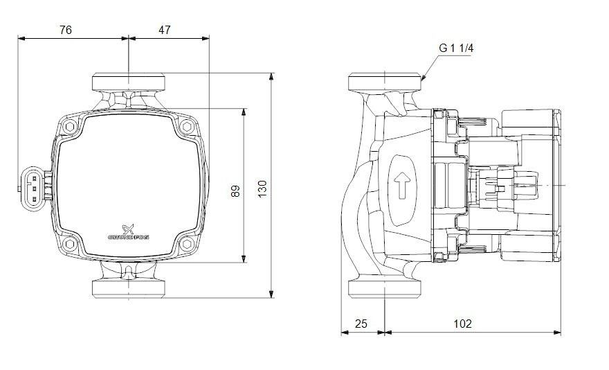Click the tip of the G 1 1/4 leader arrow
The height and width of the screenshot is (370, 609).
click(421, 80)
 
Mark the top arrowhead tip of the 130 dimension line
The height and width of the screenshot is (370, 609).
click(271, 73)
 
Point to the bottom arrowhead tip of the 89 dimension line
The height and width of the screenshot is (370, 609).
click(244, 263)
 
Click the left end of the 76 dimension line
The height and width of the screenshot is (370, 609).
click(18, 38)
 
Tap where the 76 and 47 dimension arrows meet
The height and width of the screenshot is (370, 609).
click(129, 38)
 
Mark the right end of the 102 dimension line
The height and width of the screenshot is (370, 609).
click(561, 333)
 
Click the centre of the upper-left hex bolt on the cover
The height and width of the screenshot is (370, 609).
click(70, 126)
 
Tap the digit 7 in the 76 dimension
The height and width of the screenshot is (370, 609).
click(62, 30)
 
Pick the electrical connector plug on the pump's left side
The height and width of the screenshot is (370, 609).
click(33, 188)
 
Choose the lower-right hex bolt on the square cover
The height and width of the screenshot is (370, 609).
click(187, 244)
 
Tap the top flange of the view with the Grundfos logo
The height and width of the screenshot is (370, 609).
click(129, 82)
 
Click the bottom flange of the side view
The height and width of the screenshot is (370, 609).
click(385, 288)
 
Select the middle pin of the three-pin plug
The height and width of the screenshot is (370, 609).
click(34, 189)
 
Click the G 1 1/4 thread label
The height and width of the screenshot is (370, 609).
click(456, 49)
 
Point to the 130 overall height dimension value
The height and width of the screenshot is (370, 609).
click(262, 188)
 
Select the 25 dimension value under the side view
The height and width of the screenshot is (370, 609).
click(361, 324)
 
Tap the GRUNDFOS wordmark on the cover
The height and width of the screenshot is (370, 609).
click(128, 237)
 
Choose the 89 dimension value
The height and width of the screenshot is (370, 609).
click(235, 191)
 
